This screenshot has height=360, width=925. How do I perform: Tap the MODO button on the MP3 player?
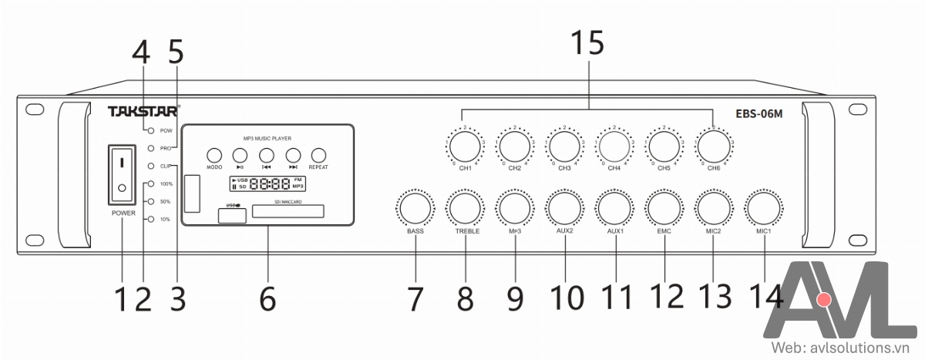[214, 154]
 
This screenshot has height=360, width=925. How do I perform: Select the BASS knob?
[415, 209]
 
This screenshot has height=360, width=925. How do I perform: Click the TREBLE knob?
[466, 209]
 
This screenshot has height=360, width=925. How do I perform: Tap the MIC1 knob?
[762, 209]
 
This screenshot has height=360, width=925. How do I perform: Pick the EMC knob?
[664, 209]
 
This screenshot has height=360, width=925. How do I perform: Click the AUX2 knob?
[565, 209]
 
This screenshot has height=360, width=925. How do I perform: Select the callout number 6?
[267, 298]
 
